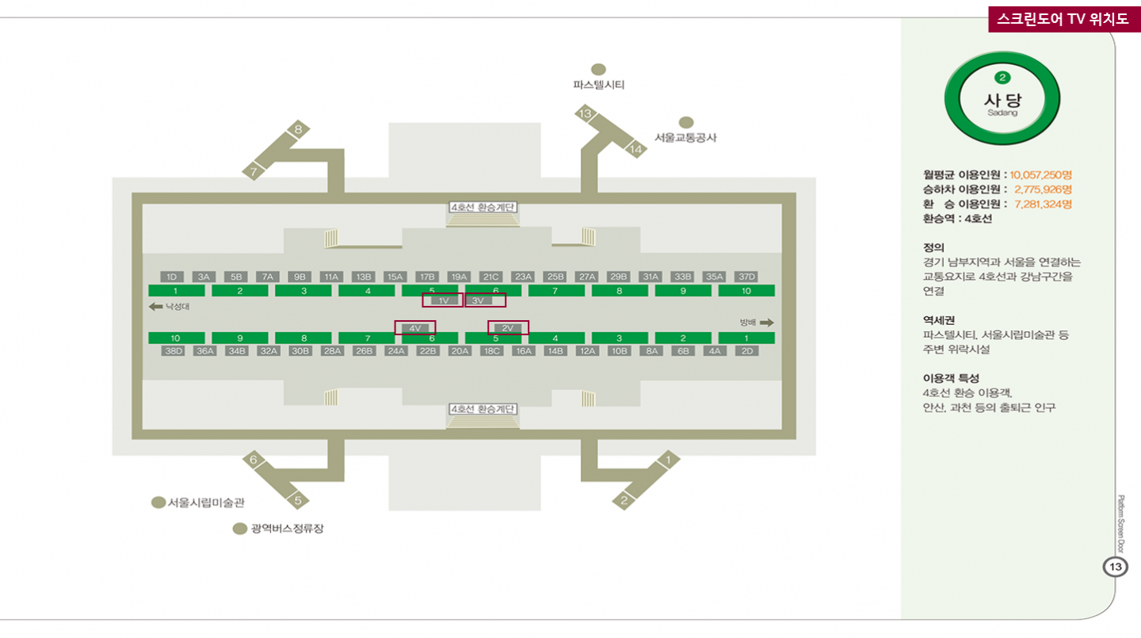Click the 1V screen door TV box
pos(443,300)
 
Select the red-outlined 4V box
pos(414,327)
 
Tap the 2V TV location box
pos(508,327)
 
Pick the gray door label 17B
pos(427,277)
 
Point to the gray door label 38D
pos(173,350)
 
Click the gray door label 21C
pos(491,277)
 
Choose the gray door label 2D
pos(746,350)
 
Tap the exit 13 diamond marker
pos(586,114)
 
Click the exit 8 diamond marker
pos(298,129)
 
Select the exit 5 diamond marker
pos(298,500)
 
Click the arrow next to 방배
pos(767,323)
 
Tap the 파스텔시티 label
pos(599,84)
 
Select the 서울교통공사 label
pos(685,137)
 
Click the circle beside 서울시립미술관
pos(158,502)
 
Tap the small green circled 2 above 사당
pos(1003,77)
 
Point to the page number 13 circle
pos(1115,567)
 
